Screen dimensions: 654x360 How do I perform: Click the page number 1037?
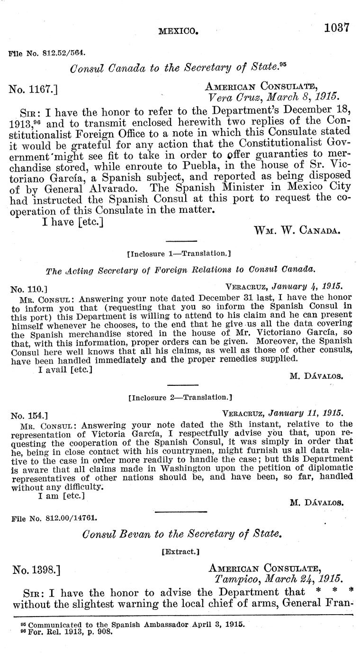point(336,27)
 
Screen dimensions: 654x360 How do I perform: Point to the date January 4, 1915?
point(310,287)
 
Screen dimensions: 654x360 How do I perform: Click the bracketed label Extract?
point(180,552)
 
